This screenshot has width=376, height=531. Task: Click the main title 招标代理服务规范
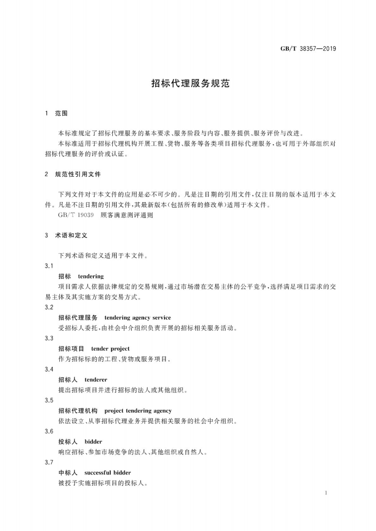click(x=190, y=83)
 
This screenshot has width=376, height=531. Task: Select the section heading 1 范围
click(x=56, y=114)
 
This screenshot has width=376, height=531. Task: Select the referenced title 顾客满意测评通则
click(x=127, y=215)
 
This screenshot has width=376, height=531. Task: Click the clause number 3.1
click(x=48, y=266)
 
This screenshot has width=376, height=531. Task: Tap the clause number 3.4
click(x=48, y=369)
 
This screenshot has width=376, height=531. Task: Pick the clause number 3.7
click(x=48, y=462)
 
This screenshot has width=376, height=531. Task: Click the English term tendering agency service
click(x=138, y=318)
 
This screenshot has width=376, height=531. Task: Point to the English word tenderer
click(x=96, y=380)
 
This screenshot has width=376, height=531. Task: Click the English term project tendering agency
click(x=138, y=410)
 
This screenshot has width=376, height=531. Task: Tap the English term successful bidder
click(x=108, y=472)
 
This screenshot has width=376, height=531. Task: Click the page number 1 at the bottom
click(x=327, y=493)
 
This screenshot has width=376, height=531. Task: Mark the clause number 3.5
click(x=48, y=400)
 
